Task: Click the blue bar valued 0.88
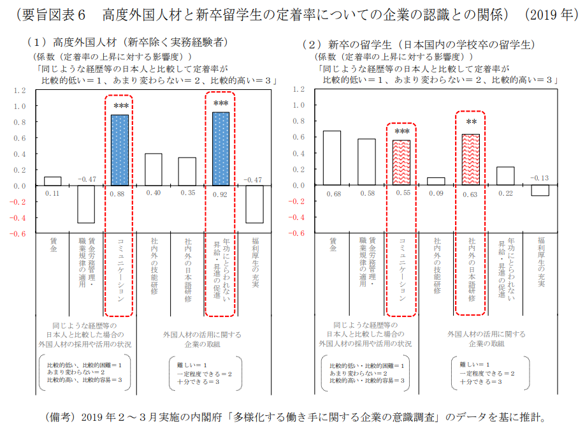[x=120, y=150]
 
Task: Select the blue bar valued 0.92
[x=220, y=149]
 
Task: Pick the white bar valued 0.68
[x=331, y=158]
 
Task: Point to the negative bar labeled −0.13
[x=540, y=191]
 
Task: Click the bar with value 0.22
[x=505, y=176]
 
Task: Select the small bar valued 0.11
[x=52, y=181]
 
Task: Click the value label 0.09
[x=436, y=193]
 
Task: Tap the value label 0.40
[x=153, y=193]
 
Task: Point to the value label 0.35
[x=187, y=193]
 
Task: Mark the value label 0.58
[x=366, y=193]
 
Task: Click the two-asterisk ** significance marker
[x=471, y=122]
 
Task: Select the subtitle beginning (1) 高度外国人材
[x=127, y=43]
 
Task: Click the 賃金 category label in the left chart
[x=54, y=246]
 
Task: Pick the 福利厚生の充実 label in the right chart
[x=540, y=263]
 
